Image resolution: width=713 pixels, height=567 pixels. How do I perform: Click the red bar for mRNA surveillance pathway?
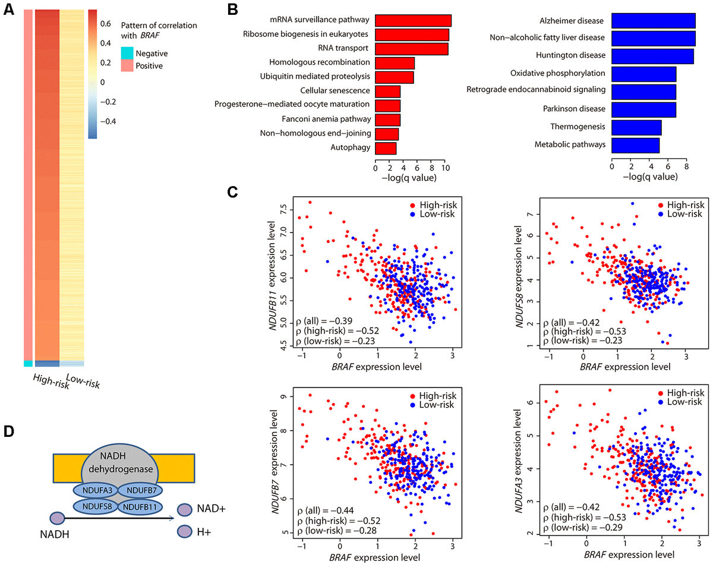click(x=413, y=20)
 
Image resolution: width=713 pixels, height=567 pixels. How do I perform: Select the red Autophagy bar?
click(x=386, y=147)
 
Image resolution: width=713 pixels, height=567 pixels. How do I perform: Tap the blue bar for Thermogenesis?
click(x=636, y=127)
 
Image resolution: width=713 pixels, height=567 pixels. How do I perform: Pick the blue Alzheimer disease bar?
click(x=653, y=21)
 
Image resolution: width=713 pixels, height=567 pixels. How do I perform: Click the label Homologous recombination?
click(x=320, y=62)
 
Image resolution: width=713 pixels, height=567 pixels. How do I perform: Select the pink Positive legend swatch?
click(x=125, y=66)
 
